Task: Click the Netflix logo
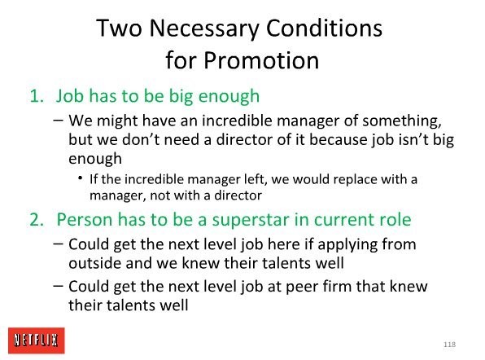pos(37,340)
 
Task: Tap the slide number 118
pos(449,345)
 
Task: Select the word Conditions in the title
pos(324,28)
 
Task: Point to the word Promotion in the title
pos(261,59)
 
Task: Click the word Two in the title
pos(119,28)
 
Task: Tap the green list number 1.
pos(37,96)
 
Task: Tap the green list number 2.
pos(37,220)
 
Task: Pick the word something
pos(402,121)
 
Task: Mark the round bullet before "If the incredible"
pos(81,178)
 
